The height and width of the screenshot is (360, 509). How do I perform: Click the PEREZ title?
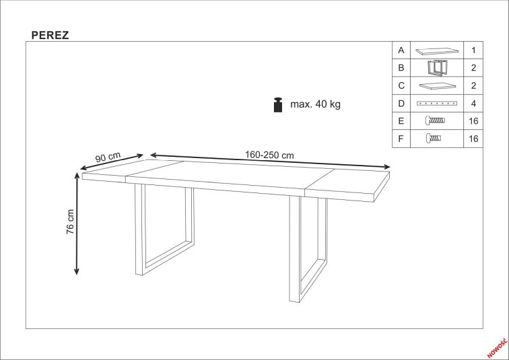click(50, 35)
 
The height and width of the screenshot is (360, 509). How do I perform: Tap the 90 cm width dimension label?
click(108, 157)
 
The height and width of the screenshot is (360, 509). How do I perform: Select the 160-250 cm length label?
click(269, 155)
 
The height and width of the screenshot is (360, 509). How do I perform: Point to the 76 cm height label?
click(70, 222)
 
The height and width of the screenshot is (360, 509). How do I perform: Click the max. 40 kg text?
click(315, 104)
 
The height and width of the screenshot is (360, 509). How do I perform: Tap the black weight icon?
click(278, 105)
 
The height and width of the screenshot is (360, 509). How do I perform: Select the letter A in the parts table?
click(401, 50)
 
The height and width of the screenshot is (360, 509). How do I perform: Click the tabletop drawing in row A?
click(437, 50)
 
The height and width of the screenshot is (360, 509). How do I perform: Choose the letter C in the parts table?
click(401, 85)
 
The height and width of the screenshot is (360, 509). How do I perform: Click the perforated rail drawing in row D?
click(437, 104)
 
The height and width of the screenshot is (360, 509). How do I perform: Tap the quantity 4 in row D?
click(473, 104)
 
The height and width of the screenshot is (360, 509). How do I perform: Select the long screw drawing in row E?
click(436, 120)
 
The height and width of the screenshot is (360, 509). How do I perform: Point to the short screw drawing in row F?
click(434, 139)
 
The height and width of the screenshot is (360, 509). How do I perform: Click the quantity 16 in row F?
click(473, 139)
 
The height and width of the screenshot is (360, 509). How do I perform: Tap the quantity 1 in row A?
click(473, 50)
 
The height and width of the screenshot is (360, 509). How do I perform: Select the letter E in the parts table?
click(401, 121)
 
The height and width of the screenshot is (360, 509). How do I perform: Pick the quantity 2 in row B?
click(473, 68)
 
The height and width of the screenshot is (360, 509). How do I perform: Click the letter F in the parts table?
click(401, 139)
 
